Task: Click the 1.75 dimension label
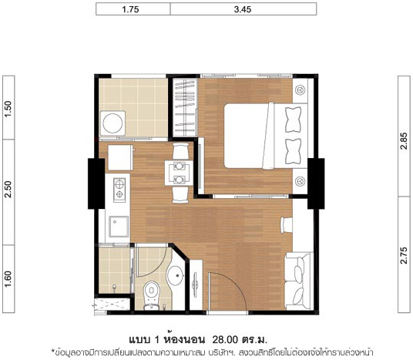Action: pos(130,9)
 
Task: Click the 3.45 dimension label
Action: pos(243,9)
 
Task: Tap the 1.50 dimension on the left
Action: pos(8,109)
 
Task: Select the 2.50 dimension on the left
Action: pos(8,189)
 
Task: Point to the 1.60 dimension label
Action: pos(8,279)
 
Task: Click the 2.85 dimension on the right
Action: pos(404,141)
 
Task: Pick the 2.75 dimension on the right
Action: pos(404,255)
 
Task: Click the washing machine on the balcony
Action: pos(112,123)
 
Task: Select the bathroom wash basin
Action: pos(176,275)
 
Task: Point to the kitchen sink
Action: pos(119,227)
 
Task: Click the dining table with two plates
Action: pos(179,173)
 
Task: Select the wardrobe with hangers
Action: pos(185,107)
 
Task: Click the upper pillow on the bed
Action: pos(293,119)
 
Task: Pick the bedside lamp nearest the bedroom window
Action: pos(301,90)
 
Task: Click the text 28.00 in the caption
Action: pos(225,339)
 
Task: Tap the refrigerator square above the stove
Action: pos(120,157)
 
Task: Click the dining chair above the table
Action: pos(180,151)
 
